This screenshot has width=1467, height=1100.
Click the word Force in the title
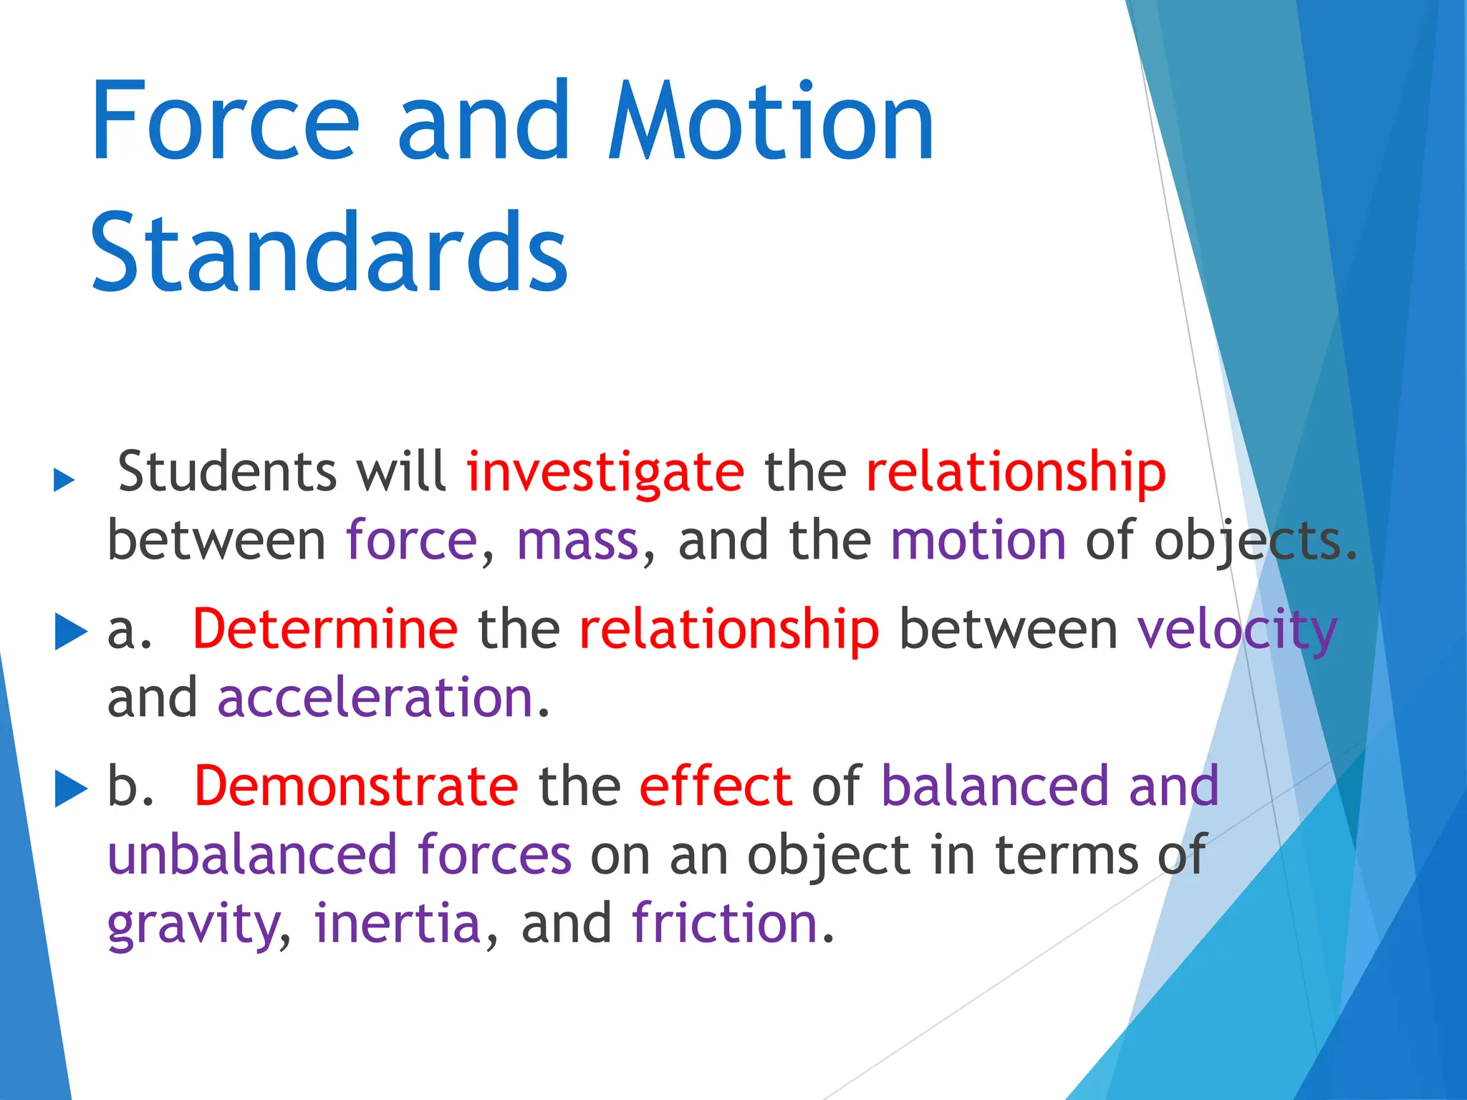223,122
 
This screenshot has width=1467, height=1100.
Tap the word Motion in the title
771,122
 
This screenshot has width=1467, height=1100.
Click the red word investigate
605,473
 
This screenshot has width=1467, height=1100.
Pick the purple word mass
577,541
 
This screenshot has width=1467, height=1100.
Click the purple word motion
978,541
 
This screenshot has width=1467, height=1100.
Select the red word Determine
325,629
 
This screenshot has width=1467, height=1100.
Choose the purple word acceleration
375,698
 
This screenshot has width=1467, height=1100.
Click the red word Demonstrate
356,786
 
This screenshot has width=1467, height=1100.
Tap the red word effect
716,786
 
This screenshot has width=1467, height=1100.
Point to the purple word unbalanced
252,855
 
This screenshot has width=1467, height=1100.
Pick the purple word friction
725,924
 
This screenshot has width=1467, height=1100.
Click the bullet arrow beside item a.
70,632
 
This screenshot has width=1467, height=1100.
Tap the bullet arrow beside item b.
70,789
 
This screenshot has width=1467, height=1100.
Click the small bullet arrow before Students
64,481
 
